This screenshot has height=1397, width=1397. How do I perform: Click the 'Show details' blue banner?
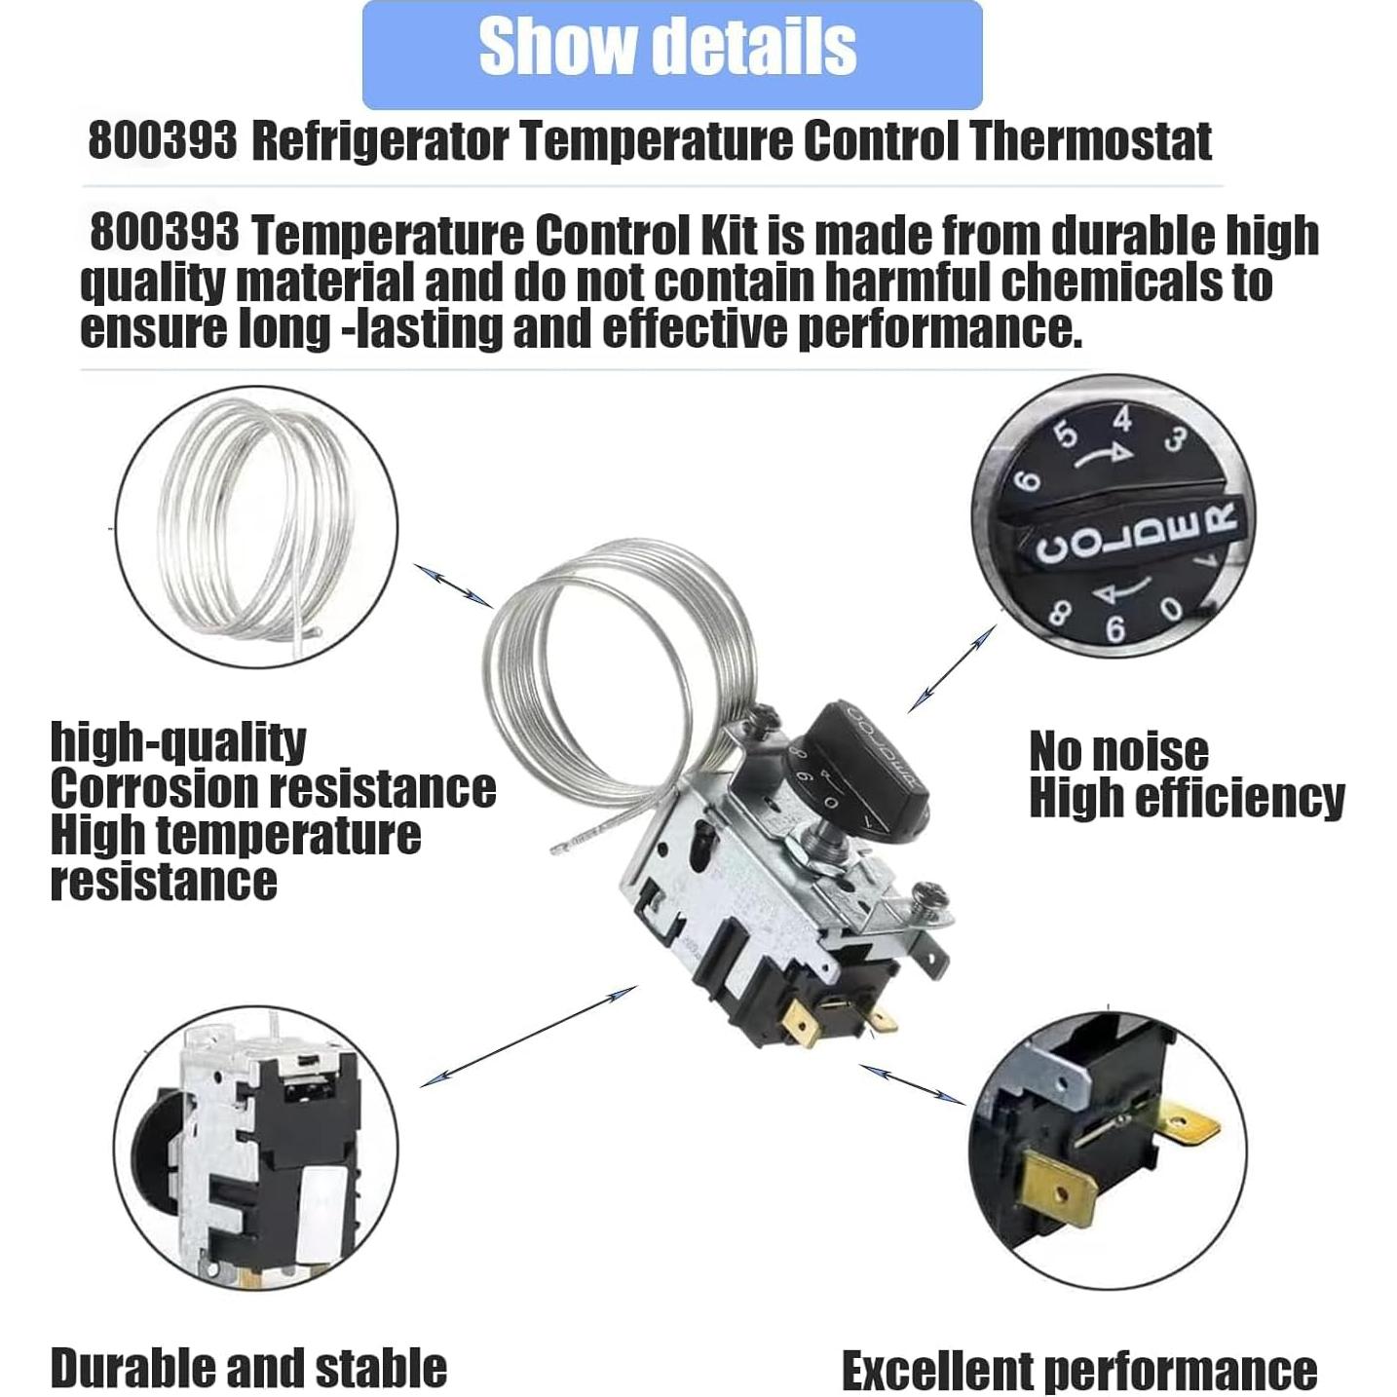tap(671, 51)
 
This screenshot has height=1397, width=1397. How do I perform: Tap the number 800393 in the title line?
tap(162, 141)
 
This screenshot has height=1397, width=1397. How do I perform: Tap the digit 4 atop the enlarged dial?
tap(1123, 420)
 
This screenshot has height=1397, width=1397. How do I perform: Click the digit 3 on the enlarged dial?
tap(1176, 440)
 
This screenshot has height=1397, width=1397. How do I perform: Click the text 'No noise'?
tap(1118, 752)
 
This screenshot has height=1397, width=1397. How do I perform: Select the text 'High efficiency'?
tap(1186, 799)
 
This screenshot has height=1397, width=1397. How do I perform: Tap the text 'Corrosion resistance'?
tap(273, 788)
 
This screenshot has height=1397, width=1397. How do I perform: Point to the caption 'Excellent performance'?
tap(1078, 1371)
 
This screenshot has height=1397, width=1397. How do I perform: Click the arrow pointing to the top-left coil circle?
tap(453, 585)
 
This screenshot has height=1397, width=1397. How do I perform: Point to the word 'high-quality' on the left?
tap(178, 742)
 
